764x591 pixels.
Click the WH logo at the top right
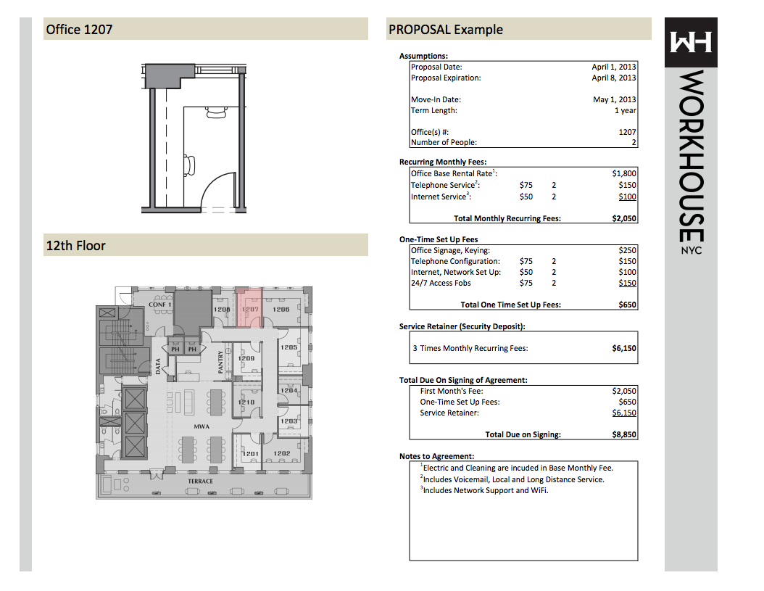[690, 42]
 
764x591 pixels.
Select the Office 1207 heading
[79, 30]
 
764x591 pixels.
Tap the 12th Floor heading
[75, 246]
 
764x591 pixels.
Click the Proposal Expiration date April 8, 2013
[613, 78]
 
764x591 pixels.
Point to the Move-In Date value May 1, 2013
[614, 99]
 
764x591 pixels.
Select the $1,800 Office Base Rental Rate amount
[623, 173]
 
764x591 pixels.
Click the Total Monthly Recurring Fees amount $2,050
[623, 218]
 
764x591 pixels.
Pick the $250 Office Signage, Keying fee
[627, 250]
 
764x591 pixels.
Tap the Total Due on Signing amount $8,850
[623, 434]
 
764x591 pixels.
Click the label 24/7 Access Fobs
[441, 283]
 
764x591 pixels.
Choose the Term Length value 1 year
[625, 110]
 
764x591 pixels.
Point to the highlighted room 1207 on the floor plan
[249, 307]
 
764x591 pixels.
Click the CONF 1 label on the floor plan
[159, 305]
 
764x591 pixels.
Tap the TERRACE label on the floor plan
[200, 482]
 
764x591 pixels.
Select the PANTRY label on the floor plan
[220, 362]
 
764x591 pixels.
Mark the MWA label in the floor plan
[202, 426]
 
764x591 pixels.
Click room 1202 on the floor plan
[282, 453]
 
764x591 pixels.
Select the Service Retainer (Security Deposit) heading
[462, 326]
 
